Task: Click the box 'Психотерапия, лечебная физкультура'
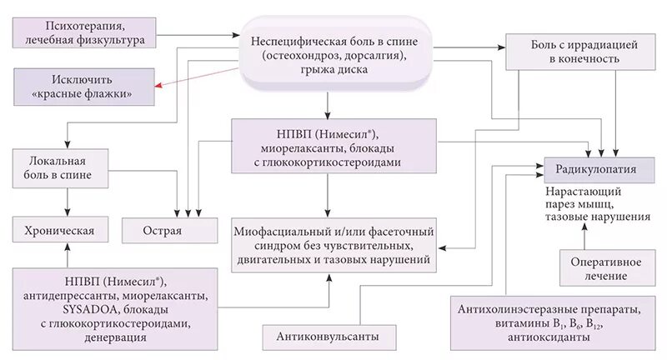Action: (x=85, y=32)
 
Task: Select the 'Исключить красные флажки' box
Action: (x=83, y=87)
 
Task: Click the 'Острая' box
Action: (x=163, y=229)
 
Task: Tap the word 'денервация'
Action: (x=117, y=337)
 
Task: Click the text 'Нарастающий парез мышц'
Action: (x=587, y=197)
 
